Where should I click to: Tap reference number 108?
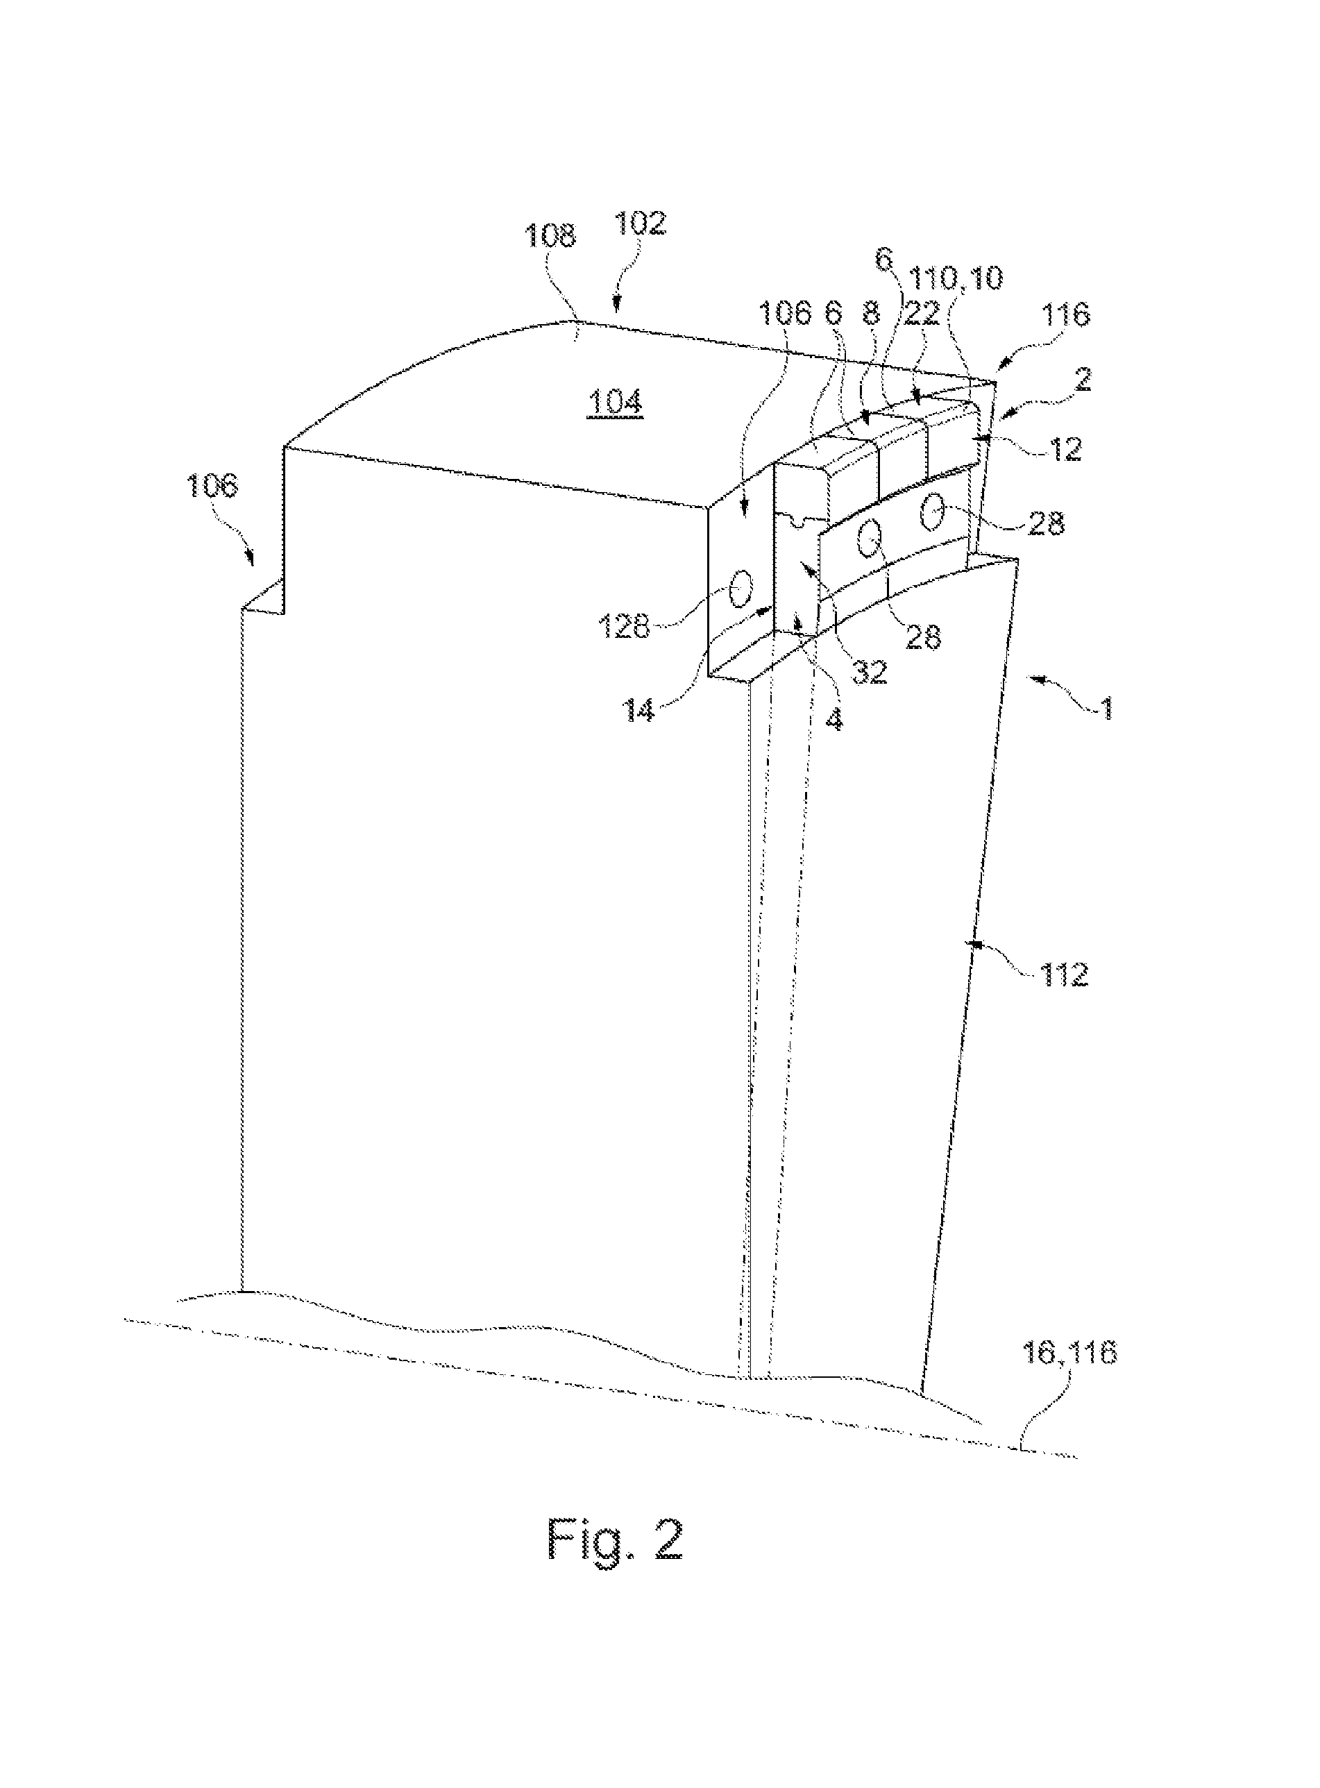pos(549,236)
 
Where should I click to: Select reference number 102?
pos(640,223)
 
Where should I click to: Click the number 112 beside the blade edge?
pos(1062,974)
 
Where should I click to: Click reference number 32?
pos(868,671)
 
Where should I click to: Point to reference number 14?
pos(640,709)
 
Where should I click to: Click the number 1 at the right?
pos(1107,708)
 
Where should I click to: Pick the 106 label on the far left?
pos(213,485)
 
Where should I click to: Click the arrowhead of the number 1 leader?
pos(1031,680)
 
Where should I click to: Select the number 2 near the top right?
pos(1083,380)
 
